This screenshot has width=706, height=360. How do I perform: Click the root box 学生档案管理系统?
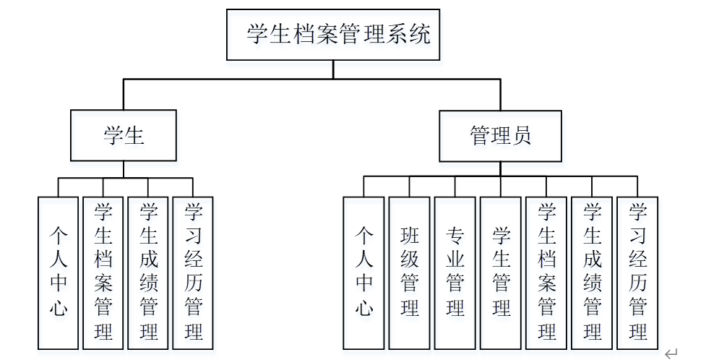click(332, 35)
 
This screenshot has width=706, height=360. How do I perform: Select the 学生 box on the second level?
click(123, 135)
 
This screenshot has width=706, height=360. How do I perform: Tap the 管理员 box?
click(500, 135)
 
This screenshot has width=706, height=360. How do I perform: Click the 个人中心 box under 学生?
click(58, 273)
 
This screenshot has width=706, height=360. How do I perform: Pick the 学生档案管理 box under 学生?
click(103, 273)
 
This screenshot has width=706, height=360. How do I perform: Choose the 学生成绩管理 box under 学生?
click(148, 273)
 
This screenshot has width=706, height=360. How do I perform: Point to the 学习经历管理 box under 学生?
click(193, 273)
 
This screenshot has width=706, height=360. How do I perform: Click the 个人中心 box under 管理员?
click(363, 273)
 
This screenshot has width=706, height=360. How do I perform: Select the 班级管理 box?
click(409, 273)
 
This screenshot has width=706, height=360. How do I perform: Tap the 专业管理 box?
click(455, 273)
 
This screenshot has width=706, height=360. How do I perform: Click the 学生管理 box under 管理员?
click(500, 273)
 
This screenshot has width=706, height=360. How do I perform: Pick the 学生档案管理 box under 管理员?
click(546, 273)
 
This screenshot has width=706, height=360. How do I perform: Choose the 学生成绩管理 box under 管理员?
click(592, 273)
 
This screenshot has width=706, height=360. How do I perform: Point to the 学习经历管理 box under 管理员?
click(637, 273)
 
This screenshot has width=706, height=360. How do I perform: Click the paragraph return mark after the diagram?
click(671, 353)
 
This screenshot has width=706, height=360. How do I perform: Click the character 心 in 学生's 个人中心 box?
click(58, 307)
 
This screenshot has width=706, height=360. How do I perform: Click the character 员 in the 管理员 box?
click(522, 135)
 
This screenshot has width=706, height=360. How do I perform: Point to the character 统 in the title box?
click(419, 34)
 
